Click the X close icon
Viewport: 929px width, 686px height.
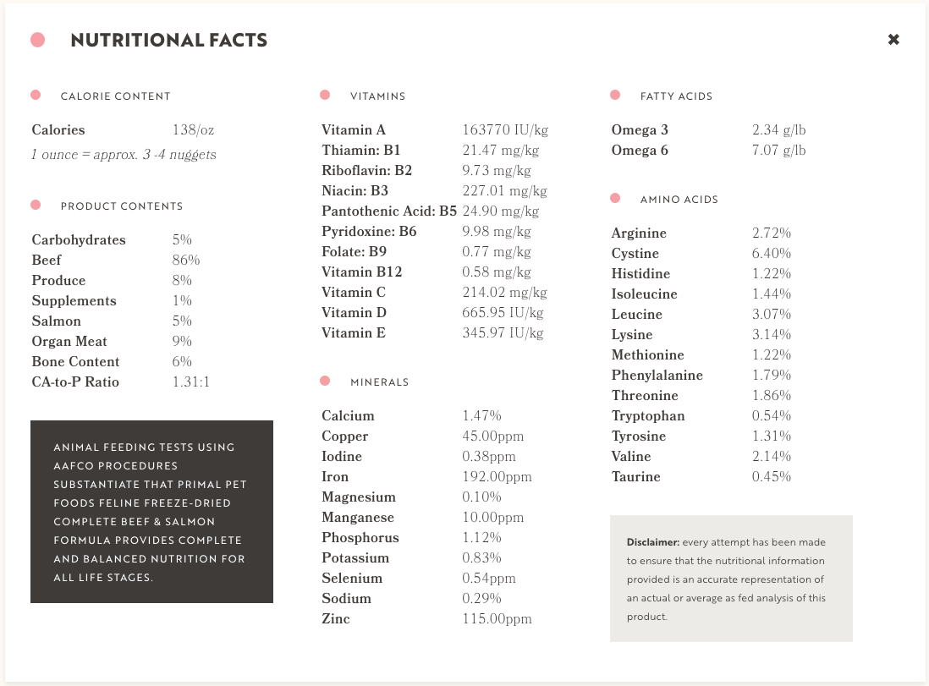pos(893,40)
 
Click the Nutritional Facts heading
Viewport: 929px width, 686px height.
pos(169,41)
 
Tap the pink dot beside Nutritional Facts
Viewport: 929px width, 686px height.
pos(37,40)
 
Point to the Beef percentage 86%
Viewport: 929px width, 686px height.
pos(186,261)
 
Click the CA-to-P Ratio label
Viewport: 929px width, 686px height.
pos(75,382)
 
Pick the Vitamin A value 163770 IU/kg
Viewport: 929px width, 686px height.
pos(505,130)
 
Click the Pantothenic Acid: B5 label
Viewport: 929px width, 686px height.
pos(389,211)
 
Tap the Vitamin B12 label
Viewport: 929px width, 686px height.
pos(361,272)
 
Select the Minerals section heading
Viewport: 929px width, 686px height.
pos(379,382)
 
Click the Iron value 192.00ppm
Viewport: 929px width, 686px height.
pos(497,477)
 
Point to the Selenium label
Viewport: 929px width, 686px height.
pos(352,579)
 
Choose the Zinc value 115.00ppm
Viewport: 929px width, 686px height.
pos(497,619)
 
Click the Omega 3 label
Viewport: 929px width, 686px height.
pos(640,130)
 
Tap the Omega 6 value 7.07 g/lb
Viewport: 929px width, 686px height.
pos(778,151)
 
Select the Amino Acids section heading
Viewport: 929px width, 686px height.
pos(679,200)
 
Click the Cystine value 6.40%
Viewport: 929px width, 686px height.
pos(772,254)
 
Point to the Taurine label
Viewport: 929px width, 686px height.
pos(635,477)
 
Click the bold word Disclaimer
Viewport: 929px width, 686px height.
pos(652,542)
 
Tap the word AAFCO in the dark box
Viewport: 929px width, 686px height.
pos(71,466)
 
